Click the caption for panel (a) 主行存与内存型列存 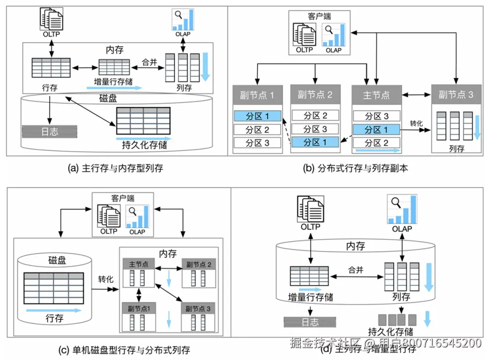[115, 168]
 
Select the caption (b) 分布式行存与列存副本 [355, 168]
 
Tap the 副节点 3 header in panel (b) [456, 95]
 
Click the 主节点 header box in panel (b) [376, 95]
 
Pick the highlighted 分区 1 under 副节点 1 [257, 117]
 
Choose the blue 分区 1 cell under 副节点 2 [315, 143]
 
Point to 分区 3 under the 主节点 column [376, 117]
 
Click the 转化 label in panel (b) [416, 123]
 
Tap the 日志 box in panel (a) [49, 132]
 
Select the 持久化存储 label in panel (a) [144, 146]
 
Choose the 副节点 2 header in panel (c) [198, 265]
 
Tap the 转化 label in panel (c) [106, 279]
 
